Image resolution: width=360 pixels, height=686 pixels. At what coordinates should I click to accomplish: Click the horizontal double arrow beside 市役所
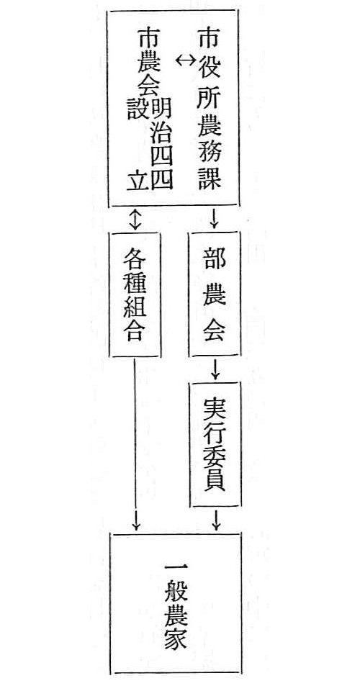pyautogui.click(x=186, y=62)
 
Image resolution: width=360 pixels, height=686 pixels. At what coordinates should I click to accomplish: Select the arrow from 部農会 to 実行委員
pyautogui.click(x=215, y=369)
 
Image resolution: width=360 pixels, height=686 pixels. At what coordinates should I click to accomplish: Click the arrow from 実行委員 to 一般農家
pyautogui.click(x=215, y=519)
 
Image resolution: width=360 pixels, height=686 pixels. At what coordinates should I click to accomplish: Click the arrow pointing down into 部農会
pyautogui.click(x=214, y=219)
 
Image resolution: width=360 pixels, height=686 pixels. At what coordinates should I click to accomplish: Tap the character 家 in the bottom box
pyautogui.click(x=176, y=638)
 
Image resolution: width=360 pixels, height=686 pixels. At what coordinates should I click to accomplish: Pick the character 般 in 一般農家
pyautogui.click(x=176, y=592)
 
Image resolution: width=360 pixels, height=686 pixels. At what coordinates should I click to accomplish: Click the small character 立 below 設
pyautogui.click(x=138, y=180)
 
